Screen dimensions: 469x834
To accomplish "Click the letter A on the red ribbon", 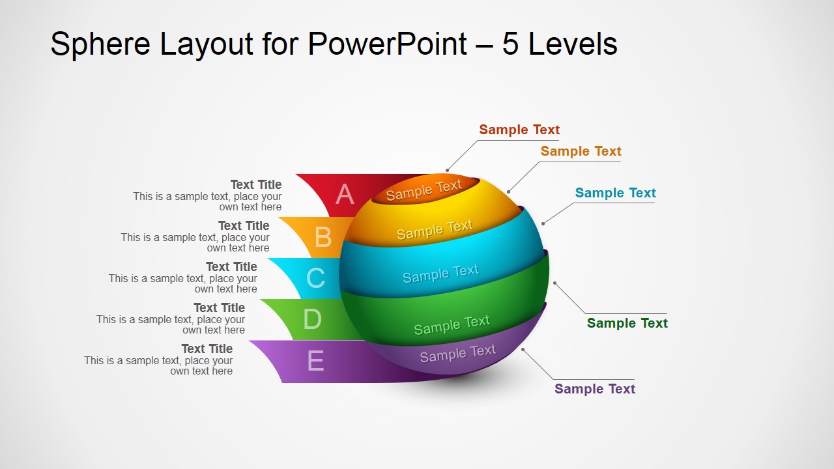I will coord(345,195).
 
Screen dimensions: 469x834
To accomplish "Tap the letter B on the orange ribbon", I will coord(323,238).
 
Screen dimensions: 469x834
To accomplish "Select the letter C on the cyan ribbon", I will coord(315,278).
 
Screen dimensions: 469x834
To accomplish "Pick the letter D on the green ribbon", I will coord(312,319).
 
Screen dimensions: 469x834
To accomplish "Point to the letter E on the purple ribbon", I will coord(315,360).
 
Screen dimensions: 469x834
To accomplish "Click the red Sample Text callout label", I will coord(519,130).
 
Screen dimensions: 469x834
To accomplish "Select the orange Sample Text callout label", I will coord(581,151).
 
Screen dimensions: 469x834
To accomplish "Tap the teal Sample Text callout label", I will coord(615,193).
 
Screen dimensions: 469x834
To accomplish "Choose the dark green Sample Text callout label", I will coord(627,323).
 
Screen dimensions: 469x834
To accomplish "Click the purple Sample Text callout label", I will coord(594,389).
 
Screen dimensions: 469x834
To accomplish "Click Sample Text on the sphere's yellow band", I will coord(435,229).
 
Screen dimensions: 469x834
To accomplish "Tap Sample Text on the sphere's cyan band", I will coord(440,273).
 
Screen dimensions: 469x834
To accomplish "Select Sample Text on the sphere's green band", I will coord(452,324).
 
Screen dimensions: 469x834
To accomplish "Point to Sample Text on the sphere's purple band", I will coord(457,354).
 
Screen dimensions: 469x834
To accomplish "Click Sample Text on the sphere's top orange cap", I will coord(424,190).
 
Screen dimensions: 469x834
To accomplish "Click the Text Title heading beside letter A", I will coord(255,185).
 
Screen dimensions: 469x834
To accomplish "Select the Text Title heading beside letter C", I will coord(231,267).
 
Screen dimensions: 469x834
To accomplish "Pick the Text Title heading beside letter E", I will coord(207,349).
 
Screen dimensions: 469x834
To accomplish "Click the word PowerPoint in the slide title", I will coord(387,44).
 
